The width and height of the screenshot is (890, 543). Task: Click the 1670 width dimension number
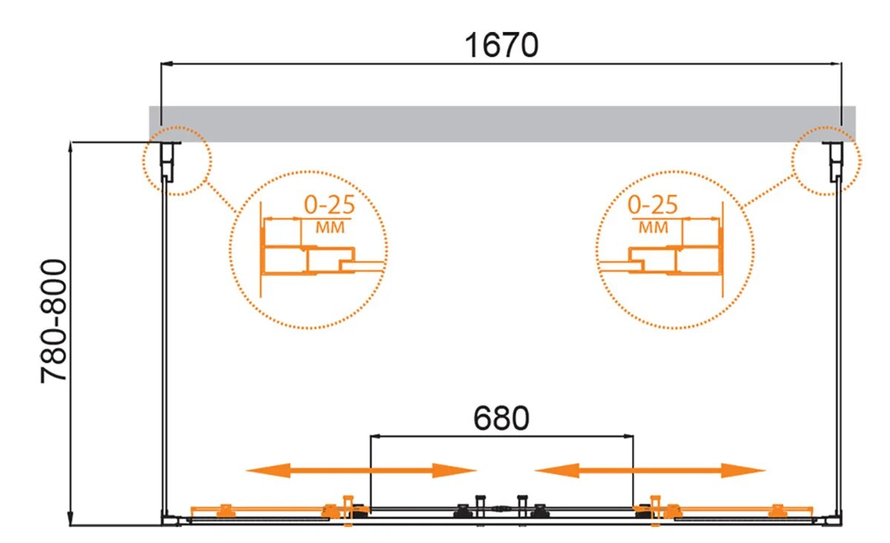(x=501, y=45)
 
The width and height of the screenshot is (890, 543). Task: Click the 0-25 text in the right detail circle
(x=653, y=204)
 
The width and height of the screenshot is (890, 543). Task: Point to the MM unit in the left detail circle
(x=330, y=228)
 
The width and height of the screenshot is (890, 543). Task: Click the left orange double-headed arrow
(x=360, y=470)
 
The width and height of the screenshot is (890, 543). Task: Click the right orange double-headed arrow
(x=649, y=470)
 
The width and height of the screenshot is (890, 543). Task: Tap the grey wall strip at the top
(x=501, y=123)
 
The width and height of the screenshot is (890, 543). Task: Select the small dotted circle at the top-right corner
(x=825, y=162)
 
